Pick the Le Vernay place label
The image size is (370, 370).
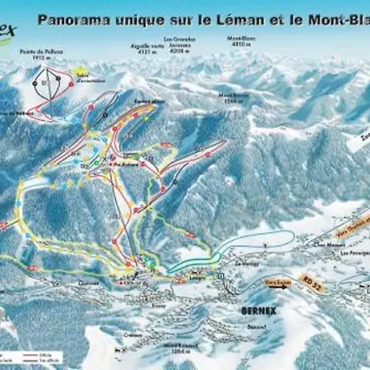(x=246, y=262)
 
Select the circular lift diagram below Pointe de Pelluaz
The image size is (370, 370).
(x=48, y=81)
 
